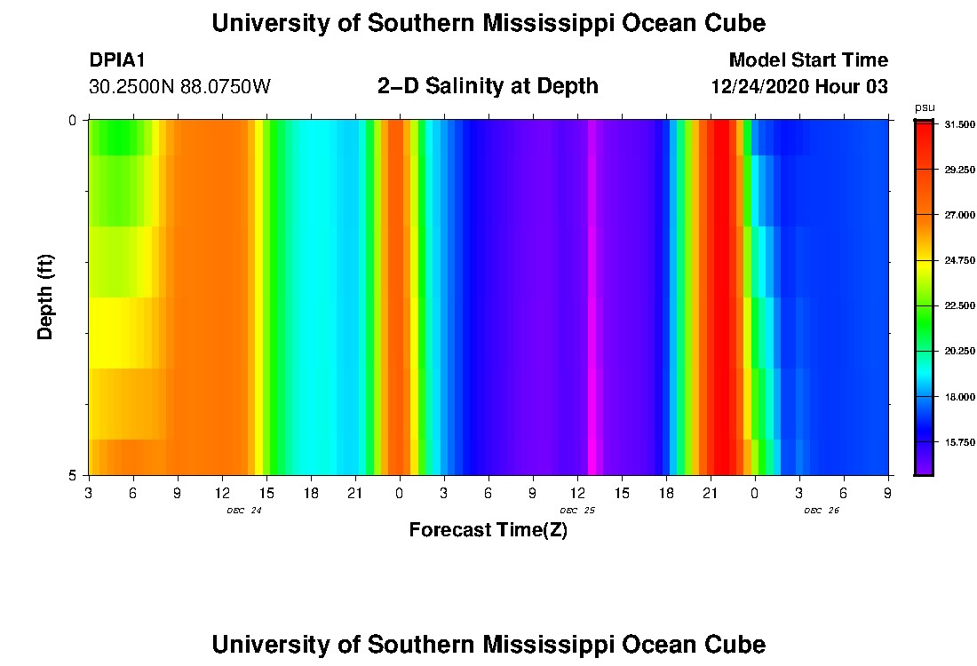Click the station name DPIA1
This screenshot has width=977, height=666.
pyautogui.click(x=116, y=60)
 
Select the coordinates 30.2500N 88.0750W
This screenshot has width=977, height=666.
pyautogui.click(x=179, y=87)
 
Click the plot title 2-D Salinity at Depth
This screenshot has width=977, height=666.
pyautogui.click(x=488, y=86)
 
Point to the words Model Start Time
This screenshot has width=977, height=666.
pyautogui.click(x=808, y=60)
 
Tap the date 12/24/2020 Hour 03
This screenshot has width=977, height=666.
pyautogui.click(x=799, y=87)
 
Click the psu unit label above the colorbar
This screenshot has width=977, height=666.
pyautogui.click(x=925, y=107)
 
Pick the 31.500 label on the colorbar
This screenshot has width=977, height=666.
pyautogui.click(x=961, y=124)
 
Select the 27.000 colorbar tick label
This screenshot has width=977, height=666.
pyautogui.click(x=961, y=215)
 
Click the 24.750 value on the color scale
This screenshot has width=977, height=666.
pyautogui.click(x=961, y=261)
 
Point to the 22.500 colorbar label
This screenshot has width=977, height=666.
pyautogui.click(x=961, y=305)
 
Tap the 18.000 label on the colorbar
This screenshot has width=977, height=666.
pyautogui.click(x=961, y=397)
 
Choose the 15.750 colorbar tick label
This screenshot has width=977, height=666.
pyautogui.click(x=961, y=441)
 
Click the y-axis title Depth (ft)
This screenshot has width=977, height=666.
pyautogui.click(x=46, y=297)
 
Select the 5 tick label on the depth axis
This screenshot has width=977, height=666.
pyautogui.click(x=73, y=475)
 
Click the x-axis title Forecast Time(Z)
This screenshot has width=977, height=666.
pyautogui.click(x=488, y=530)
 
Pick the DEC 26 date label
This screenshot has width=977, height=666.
pyautogui.click(x=822, y=511)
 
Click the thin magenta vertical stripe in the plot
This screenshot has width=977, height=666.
pyautogui.click(x=592, y=297)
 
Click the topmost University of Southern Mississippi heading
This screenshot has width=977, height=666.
pyautogui.click(x=488, y=23)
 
